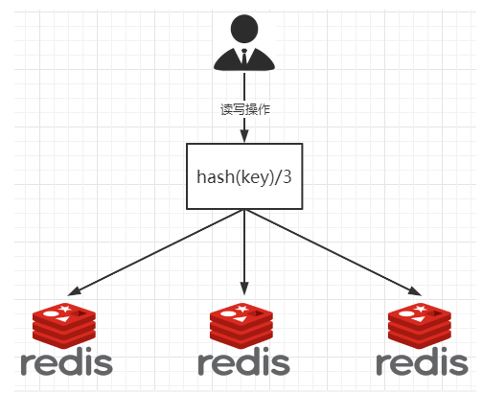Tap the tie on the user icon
point(244,57)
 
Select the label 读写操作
point(245,108)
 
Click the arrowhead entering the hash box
point(244,137)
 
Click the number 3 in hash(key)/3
point(286,176)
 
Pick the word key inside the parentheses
point(252,176)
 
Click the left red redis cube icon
point(65,324)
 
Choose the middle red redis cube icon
point(243,324)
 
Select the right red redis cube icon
point(421,324)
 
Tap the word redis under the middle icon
point(243,364)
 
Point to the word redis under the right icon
point(422,364)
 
